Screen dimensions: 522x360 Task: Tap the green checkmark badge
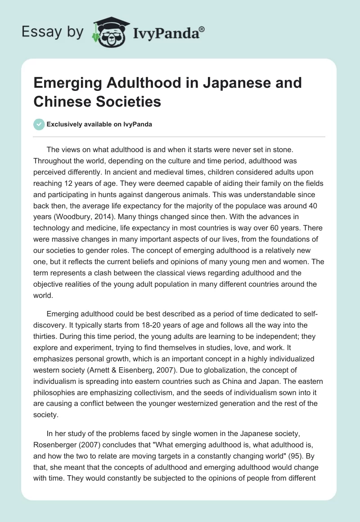[39, 124]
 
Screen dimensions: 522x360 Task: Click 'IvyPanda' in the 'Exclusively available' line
[138, 125]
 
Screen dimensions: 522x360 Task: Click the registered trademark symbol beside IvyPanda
[202, 27]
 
